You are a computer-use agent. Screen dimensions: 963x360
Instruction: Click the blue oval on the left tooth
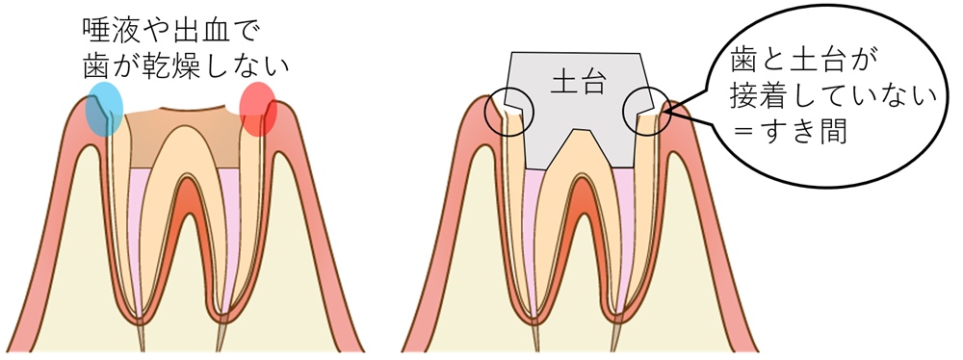(x=104, y=108)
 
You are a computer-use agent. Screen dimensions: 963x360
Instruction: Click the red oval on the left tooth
(x=258, y=108)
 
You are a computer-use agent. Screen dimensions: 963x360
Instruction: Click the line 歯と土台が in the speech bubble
(x=799, y=63)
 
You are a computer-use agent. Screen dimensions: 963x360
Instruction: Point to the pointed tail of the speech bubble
(x=667, y=112)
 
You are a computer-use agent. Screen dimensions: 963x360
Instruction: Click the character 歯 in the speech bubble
(x=744, y=63)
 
